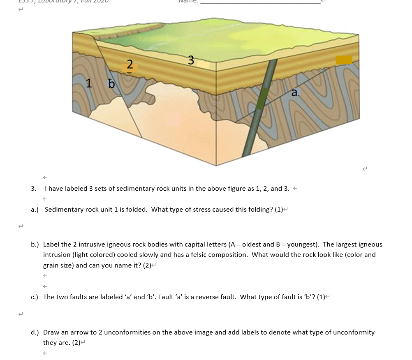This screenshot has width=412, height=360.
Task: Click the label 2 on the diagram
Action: coord(130,65)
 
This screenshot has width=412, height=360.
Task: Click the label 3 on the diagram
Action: coord(191,60)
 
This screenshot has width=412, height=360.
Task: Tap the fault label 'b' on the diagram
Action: coord(111,84)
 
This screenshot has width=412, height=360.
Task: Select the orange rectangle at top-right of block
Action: coord(344,60)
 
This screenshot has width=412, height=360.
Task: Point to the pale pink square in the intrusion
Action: coord(173,120)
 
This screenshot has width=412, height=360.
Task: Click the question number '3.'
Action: coord(34,189)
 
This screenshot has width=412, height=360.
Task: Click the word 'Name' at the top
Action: coord(187,1)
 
